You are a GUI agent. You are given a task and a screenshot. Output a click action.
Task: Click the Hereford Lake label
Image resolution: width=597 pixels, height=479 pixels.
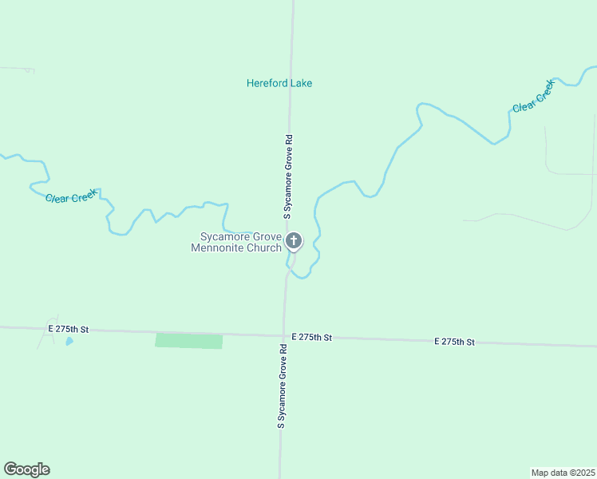pos(279,83)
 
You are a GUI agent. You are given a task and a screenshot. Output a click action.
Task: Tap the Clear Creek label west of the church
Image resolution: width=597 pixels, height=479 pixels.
pos(71,196)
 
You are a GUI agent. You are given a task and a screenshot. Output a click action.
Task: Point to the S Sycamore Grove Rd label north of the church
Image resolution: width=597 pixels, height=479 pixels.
pos(289,176)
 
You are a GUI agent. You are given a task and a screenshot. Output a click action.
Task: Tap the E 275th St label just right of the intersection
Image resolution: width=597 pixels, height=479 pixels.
pos(311,338)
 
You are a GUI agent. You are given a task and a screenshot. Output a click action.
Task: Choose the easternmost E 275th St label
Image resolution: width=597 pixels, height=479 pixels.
pos(455,342)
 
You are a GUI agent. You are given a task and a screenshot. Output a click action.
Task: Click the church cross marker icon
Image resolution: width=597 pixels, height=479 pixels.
pos(294,240)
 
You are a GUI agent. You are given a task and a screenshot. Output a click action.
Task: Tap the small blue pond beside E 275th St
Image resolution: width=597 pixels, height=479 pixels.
pos(69,341)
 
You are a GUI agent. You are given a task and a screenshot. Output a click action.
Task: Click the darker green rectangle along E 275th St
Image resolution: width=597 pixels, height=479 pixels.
pos(188,341)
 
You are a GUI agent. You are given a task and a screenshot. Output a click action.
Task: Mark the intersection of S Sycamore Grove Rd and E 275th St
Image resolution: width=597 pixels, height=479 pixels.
pos(283,336)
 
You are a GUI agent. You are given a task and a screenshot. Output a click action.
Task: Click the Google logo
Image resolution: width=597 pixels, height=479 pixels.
pos(26,469)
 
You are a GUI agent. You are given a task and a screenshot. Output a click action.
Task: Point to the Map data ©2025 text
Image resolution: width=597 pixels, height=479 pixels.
pos(563,473)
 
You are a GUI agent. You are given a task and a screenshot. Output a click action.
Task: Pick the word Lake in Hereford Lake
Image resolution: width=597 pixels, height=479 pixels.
pos(302,83)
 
